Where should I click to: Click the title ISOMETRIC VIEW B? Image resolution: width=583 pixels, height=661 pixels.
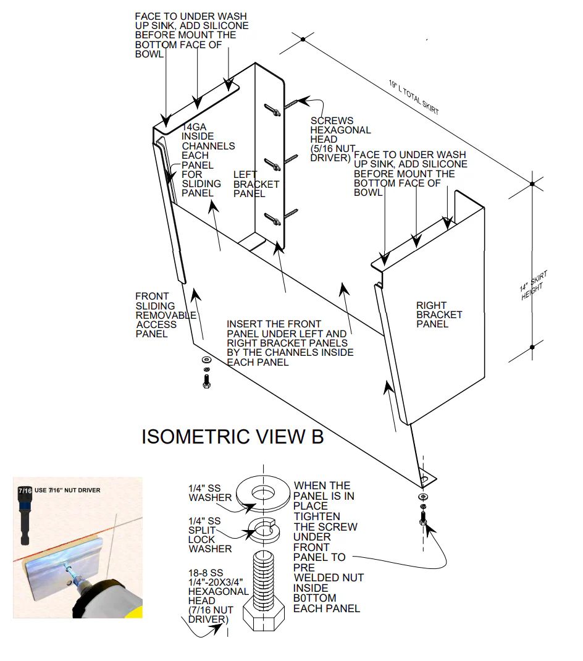click(x=232, y=436)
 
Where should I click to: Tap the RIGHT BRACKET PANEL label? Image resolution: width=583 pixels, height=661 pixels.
click(x=439, y=314)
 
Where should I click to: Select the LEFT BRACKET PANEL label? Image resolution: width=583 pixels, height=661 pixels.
click(x=256, y=184)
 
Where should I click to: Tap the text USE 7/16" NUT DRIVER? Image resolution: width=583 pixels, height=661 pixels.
click(x=67, y=490)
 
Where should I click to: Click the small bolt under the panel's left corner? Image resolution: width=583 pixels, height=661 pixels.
click(x=206, y=380)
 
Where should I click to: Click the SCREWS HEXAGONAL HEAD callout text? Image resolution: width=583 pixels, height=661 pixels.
click(x=340, y=139)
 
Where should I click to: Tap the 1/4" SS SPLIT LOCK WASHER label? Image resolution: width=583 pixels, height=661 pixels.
click(x=210, y=535)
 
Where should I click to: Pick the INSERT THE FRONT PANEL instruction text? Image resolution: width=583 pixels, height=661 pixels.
click(x=290, y=343)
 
